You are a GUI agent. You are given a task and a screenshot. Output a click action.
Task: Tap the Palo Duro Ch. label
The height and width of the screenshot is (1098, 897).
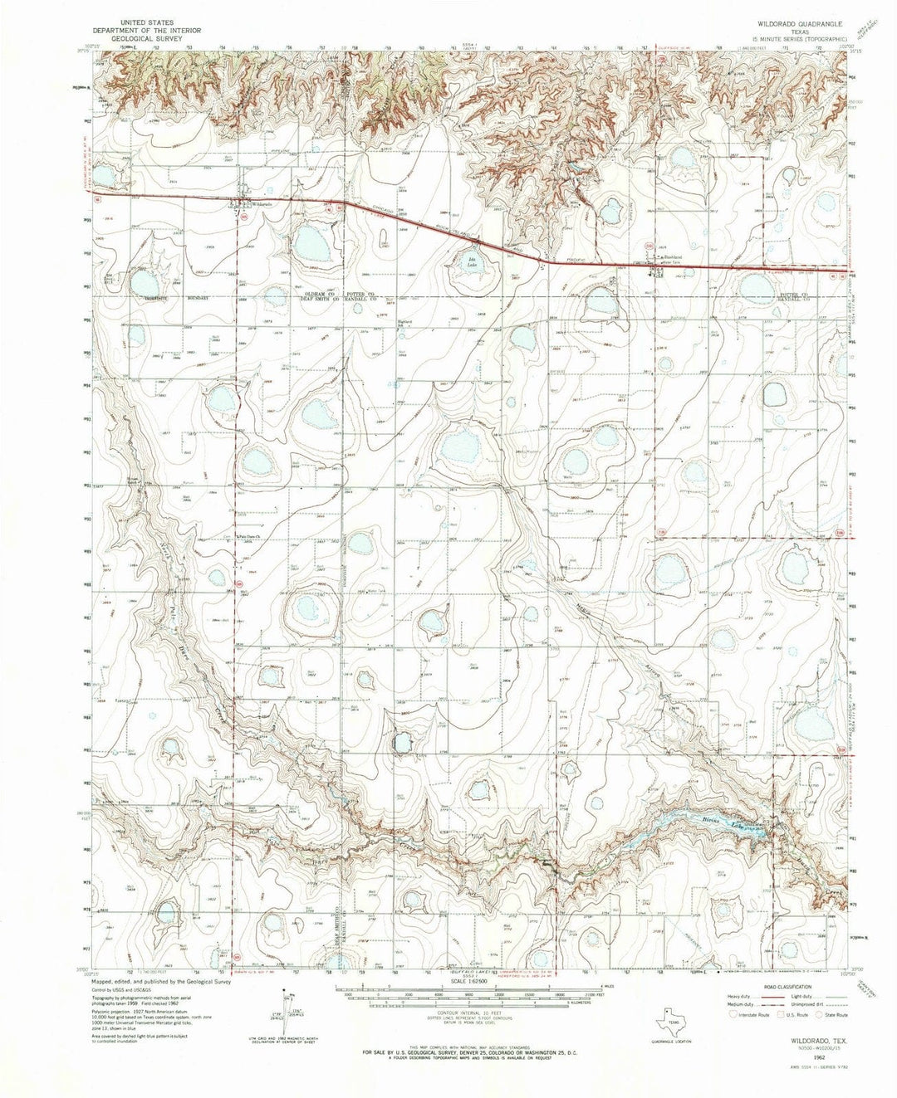click(249, 537)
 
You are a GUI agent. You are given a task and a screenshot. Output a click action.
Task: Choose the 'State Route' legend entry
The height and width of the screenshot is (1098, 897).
click(833, 1013)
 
